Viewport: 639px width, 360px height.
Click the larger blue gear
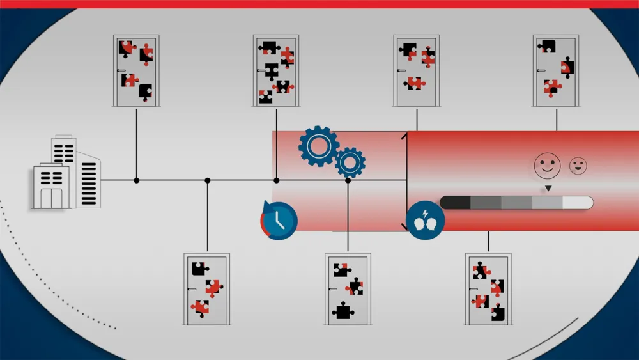[x=318, y=146]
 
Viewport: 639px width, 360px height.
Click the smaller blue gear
[x=350, y=162]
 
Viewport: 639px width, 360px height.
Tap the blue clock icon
[x=279, y=221]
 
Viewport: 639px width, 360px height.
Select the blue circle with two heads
[x=425, y=221]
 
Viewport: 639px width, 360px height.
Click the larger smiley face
[x=547, y=165]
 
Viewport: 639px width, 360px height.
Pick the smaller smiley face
[x=578, y=166]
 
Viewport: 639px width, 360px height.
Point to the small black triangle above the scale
[x=548, y=189]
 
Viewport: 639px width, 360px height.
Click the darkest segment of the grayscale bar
[x=455, y=203]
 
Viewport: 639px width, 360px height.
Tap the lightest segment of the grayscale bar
[x=578, y=203]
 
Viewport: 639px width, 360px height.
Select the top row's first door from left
[x=136, y=70]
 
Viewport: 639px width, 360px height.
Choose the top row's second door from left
[x=276, y=70]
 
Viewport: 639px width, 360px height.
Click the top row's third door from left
[x=417, y=70]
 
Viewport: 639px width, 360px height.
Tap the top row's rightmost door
[x=556, y=70]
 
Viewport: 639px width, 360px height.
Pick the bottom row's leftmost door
[x=207, y=289]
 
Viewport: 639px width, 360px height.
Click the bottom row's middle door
[x=348, y=289]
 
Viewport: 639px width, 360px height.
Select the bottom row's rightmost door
[x=488, y=289]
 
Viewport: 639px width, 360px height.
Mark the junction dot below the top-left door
[x=136, y=180]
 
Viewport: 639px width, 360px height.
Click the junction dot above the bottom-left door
[x=207, y=180]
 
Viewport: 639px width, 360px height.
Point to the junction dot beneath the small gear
[x=348, y=180]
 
